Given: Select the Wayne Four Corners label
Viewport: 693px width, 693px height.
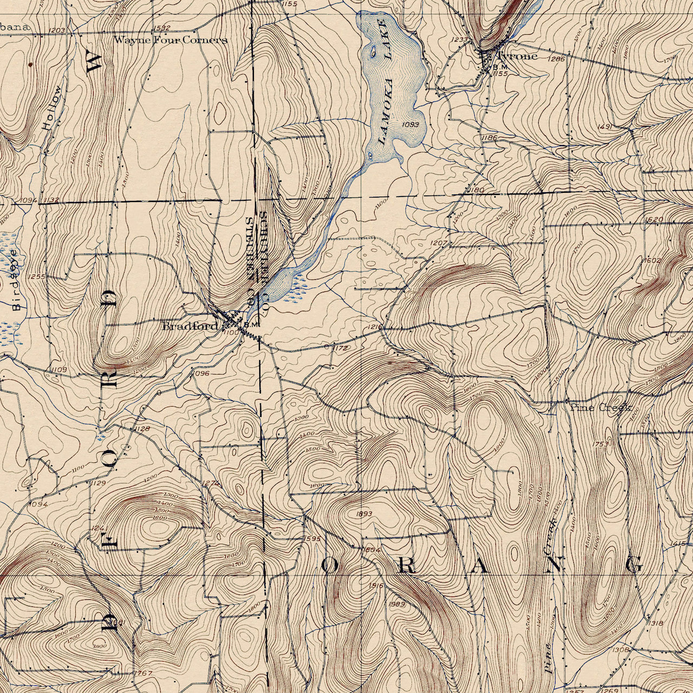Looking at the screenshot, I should [x=171, y=40].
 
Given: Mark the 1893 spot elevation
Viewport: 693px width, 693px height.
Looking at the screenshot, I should [x=364, y=514].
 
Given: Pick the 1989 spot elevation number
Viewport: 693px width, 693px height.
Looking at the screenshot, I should [x=397, y=604].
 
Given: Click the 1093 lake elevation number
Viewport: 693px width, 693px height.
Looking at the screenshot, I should [x=411, y=125].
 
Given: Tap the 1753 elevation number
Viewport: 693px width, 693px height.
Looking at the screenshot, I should [x=601, y=444].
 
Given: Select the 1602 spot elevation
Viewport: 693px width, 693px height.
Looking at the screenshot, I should [x=652, y=260].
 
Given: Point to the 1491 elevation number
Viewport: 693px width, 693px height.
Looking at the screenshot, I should [x=604, y=126].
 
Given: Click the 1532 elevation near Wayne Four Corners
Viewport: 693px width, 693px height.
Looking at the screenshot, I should [x=162, y=28].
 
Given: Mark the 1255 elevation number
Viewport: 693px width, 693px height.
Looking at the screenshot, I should [x=37, y=277].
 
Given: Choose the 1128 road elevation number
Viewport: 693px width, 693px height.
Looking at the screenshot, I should [x=141, y=429].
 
